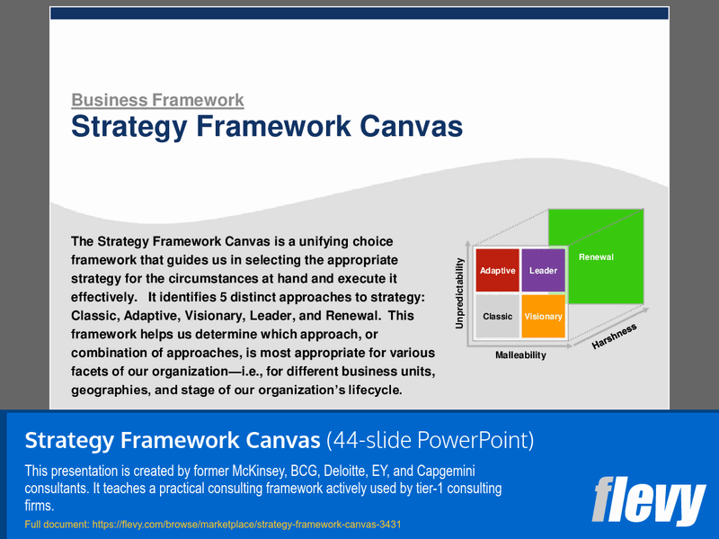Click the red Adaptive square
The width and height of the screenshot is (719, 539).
pos(497,270)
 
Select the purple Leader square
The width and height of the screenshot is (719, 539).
pos(543,270)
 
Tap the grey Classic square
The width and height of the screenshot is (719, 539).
pos(497,316)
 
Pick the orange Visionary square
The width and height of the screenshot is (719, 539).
pos(543,316)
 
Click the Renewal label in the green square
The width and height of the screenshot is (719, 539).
pos(596,257)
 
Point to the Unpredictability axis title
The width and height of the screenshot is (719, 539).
pos(459,293)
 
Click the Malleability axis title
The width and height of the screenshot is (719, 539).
pos(520,355)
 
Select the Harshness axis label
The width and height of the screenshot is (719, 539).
pos(614,336)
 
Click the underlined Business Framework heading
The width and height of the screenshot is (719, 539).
pos(157,101)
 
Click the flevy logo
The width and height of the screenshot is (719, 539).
pos(649,502)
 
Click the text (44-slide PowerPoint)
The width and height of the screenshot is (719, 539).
pos(430,440)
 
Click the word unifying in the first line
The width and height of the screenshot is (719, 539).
pos(315,241)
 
